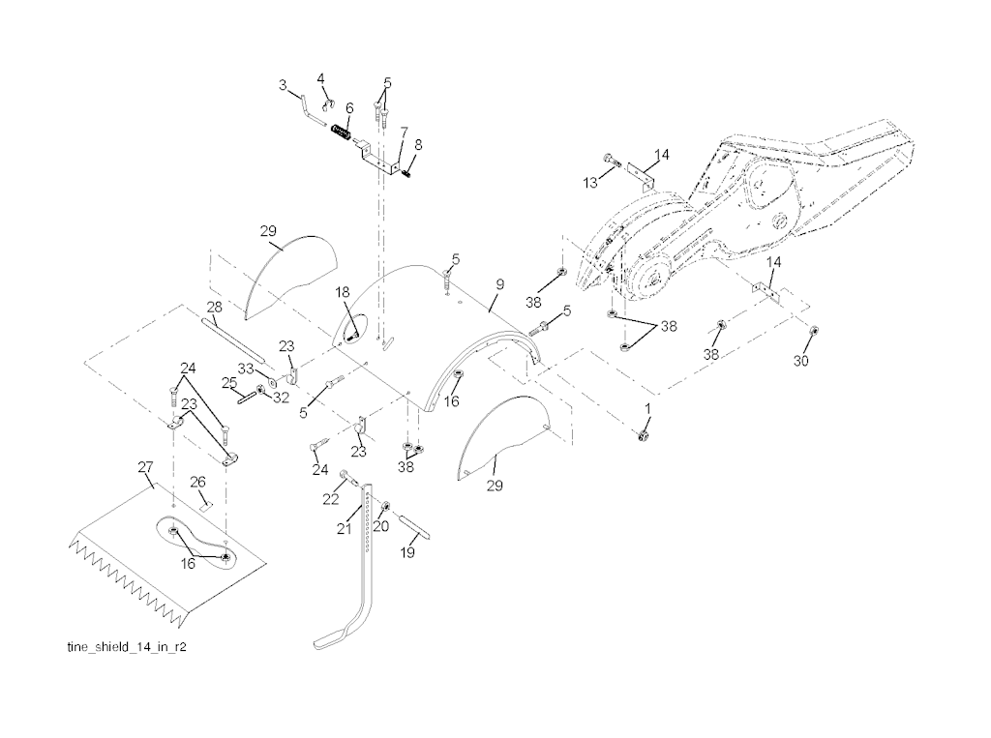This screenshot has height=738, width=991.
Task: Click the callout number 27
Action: pos(145,467)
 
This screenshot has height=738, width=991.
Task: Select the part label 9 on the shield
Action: pos(499,283)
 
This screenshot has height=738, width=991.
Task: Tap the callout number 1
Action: pos(647,409)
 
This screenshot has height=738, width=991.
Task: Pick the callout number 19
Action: pos(407,553)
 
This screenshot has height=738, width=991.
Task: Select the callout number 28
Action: pos(214,306)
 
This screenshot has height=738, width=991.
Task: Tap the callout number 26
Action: pos(197,481)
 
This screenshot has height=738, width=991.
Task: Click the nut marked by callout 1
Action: pos(640,437)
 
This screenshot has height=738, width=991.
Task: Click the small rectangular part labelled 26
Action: pos(205,504)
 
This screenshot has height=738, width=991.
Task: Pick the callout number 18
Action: pos(343,291)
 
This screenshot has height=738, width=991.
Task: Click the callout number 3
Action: pos(284,86)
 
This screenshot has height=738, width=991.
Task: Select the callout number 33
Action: pos(246,369)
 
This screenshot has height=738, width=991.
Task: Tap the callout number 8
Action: pos(418,145)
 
